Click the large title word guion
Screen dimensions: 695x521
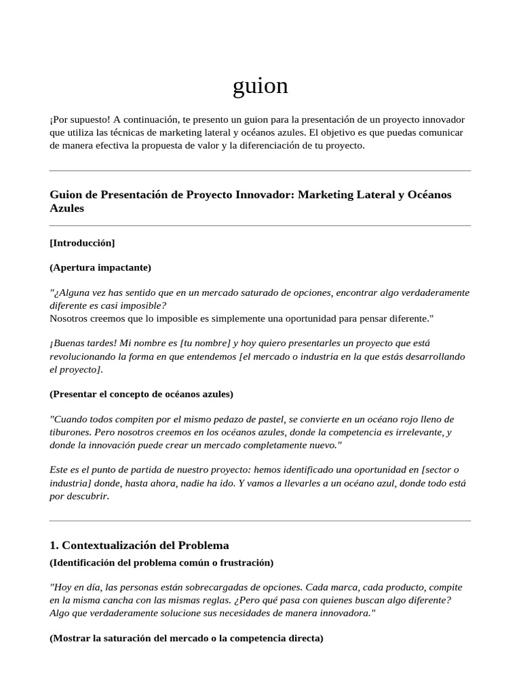pyautogui.click(x=260, y=86)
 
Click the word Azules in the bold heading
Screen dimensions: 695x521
pyautogui.click(x=66, y=208)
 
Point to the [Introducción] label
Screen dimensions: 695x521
pyautogui.click(x=82, y=243)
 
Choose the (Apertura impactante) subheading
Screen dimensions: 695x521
pyautogui.click(x=100, y=267)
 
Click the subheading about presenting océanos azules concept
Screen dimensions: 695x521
pyautogui.click(x=141, y=394)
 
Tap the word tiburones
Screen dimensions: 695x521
pyautogui.click(x=71, y=432)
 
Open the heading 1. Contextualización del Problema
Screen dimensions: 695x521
pyautogui.click(x=139, y=545)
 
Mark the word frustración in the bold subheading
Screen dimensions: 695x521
pyautogui.click(x=245, y=562)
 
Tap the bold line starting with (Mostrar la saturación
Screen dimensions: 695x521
pyautogui.click(x=187, y=638)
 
